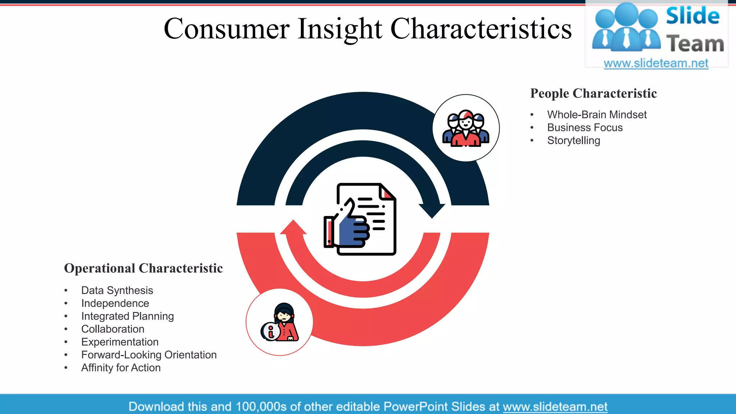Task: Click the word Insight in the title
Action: click(x=340, y=29)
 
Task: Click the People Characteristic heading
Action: click(x=593, y=93)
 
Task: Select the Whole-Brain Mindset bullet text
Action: click(x=597, y=115)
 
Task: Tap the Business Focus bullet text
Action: click(x=585, y=128)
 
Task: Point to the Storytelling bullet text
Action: click(x=574, y=141)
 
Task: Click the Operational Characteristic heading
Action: click(x=143, y=268)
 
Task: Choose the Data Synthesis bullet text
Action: click(x=117, y=290)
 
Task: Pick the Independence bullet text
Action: click(x=115, y=303)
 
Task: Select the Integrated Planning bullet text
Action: click(x=128, y=316)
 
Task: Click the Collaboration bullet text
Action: click(x=113, y=329)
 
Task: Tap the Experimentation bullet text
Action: click(x=120, y=342)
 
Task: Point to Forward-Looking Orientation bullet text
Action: click(x=149, y=355)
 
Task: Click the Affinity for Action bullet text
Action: click(x=121, y=368)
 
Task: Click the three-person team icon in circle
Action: click(x=466, y=128)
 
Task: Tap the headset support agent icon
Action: click(x=280, y=322)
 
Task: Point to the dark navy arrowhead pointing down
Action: click(x=432, y=211)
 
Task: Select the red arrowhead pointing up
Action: click(x=293, y=227)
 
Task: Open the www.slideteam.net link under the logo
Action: click(x=656, y=63)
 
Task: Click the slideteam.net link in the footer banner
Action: click(x=555, y=406)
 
